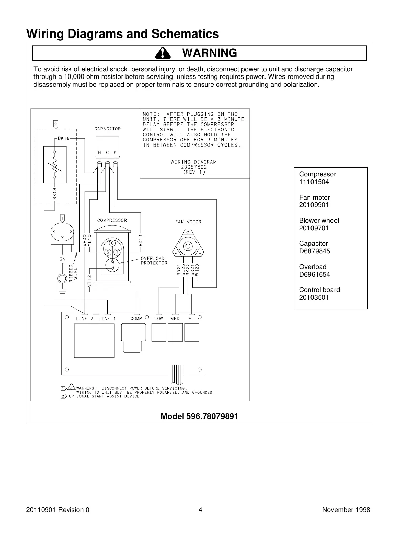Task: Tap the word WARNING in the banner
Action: pos(209,53)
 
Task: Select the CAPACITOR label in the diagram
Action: pos(108,129)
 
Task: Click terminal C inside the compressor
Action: pos(112,243)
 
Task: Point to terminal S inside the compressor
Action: pos(108,252)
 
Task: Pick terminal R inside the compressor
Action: pos(117,252)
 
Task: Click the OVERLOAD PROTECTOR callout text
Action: pos(154,261)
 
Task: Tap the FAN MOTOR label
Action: pos(188,222)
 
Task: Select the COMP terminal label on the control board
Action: pos(136,319)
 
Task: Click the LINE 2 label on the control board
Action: pos(84,319)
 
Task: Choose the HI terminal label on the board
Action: pos(191,319)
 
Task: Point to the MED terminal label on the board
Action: pos(175,319)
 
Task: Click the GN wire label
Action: pos(62,259)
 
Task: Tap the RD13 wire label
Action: pos(141,240)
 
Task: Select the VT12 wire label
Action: pos(89,281)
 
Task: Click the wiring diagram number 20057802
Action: pos(193,167)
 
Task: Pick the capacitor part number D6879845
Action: pos(315,251)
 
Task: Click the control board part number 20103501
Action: pos(314,298)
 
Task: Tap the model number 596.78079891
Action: pos(199,416)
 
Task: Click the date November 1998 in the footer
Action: pos(346,510)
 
